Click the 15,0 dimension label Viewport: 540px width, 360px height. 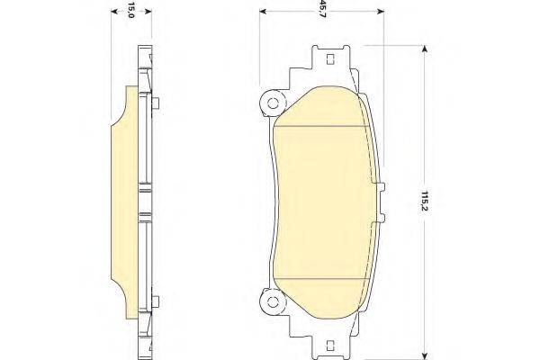(x=130, y=10)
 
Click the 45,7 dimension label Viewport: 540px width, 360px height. (x=321, y=9)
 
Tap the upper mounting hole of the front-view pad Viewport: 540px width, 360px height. (x=273, y=103)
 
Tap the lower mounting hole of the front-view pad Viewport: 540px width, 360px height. (x=273, y=302)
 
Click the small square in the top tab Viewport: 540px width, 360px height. (x=329, y=59)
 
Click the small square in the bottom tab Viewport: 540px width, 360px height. (x=329, y=346)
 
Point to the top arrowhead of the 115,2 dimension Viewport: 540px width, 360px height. (x=425, y=49)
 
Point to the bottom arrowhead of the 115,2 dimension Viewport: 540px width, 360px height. (x=425, y=356)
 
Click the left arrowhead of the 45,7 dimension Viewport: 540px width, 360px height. (x=263, y=12)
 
